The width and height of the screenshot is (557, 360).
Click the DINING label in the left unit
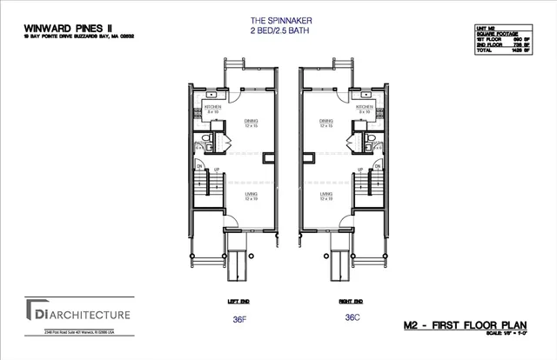click(x=252, y=122)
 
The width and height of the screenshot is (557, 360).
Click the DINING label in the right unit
click(x=326, y=122)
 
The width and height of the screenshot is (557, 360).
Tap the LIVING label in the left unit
click(x=252, y=194)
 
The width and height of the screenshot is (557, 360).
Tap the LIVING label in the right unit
click(x=326, y=194)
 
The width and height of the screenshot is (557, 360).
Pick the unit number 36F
click(x=238, y=318)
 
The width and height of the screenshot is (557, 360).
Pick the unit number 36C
click(x=352, y=318)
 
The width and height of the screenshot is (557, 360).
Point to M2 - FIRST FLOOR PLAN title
click(x=477, y=323)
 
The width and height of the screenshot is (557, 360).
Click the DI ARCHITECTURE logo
click(x=78, y=312)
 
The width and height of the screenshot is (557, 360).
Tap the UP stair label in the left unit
click(x=218, y=169)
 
